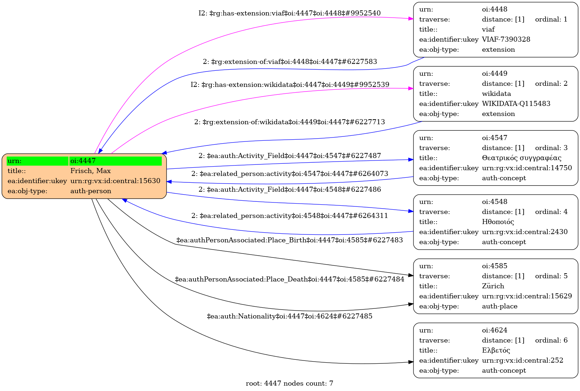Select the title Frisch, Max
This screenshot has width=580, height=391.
[90, 171]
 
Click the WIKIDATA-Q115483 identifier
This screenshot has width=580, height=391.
[516, 103]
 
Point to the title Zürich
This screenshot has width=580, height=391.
[493, 286]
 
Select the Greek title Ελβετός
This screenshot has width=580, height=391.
[496, 350]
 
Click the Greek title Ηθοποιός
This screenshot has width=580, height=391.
[498, 222]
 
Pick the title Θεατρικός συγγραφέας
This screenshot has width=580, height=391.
[521, 158]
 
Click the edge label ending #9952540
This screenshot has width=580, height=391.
[290, 13]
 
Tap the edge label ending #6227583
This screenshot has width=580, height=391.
[290, 62]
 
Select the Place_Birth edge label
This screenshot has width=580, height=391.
[290, 240]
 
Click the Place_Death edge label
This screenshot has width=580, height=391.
[290, 279]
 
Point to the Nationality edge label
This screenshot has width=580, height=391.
[290, 316]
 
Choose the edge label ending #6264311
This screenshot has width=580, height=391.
[290, 216]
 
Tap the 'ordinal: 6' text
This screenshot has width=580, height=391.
[551, 340]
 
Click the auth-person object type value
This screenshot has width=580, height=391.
[90, 191]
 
